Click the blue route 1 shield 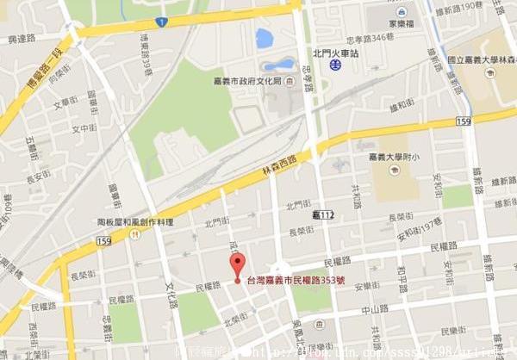[x=161, y=20]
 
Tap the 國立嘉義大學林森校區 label [x=480, y=59]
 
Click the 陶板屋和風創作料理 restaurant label [x=135, y=221]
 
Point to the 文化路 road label [x=171, y=292]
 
